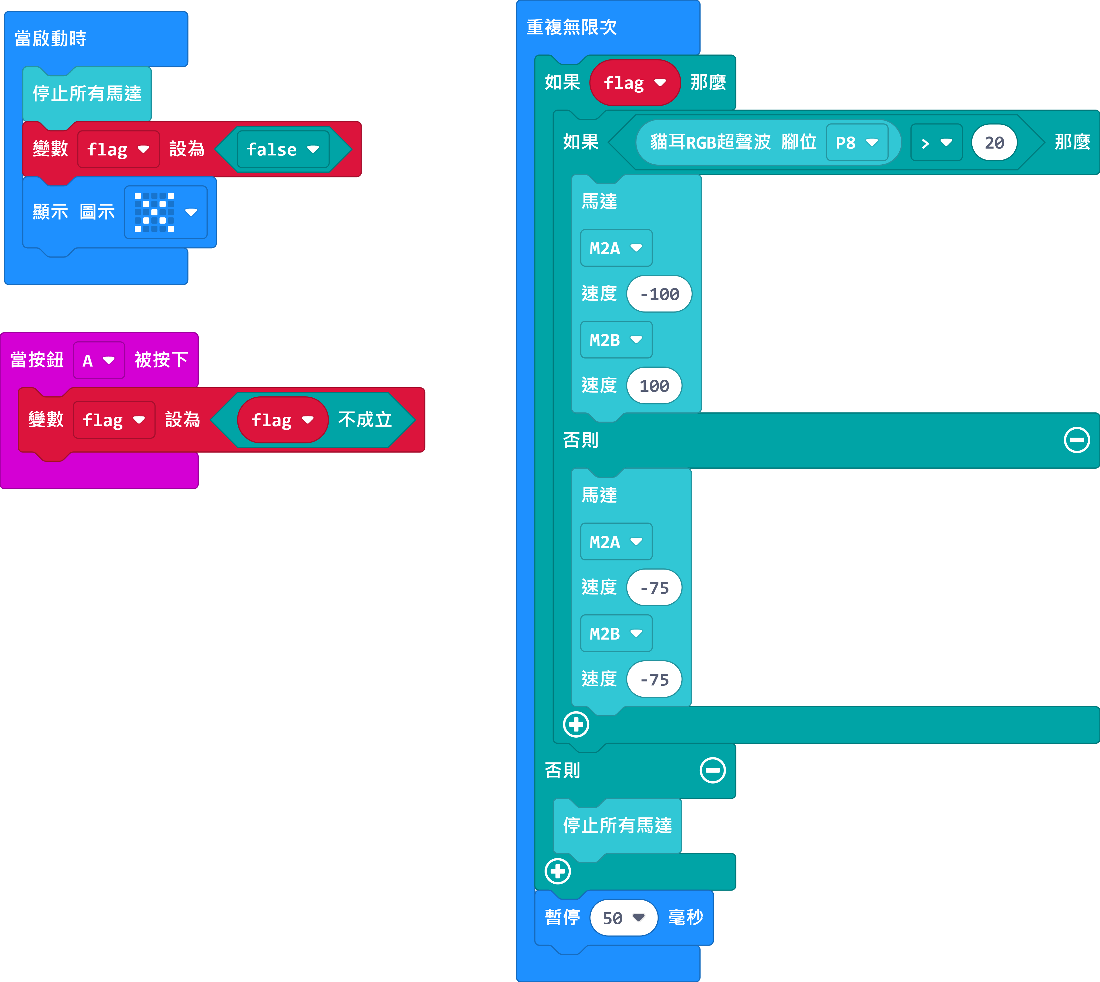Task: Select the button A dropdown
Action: click(x=99, y=360)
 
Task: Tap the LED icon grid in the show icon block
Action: click(x=154, y=212)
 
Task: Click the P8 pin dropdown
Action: click(x=857, y=143)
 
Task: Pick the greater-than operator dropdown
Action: click(x=936, y=143)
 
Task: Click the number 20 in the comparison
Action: click(x=994, y=143)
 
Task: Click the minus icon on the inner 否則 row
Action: click(x=1077, y=440)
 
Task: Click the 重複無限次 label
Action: click(x=571, y=27)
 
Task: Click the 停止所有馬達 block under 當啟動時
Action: click(x=87, y=93)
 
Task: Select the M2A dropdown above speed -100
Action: click(x=616, y=248)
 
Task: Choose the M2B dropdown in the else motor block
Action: click(x=616, y=634)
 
